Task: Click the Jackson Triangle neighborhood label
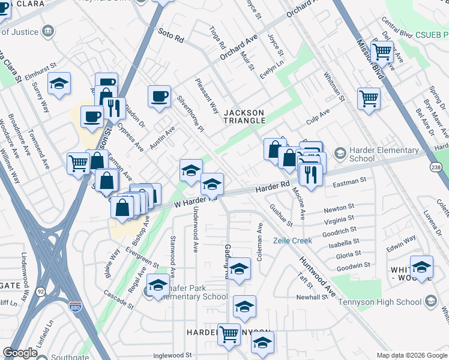244,116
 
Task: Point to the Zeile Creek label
292,241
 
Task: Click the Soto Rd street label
171,36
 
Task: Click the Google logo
20,353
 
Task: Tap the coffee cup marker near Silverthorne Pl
160,96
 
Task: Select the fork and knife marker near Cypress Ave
113,108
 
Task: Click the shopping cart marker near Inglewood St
228,334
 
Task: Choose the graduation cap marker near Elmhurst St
59,83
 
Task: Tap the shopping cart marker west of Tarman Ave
78,162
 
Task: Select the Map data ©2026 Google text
412,355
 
